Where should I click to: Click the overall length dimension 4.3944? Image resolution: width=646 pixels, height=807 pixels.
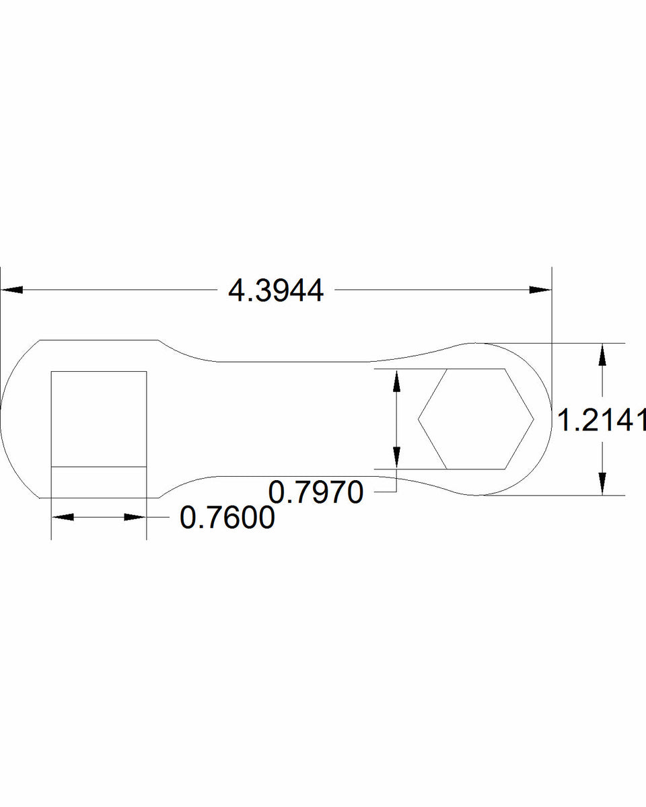tap(276, 291)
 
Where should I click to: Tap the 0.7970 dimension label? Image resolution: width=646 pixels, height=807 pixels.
tap(316, 492)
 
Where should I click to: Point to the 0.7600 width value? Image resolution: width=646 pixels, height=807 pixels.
tap(227, 518)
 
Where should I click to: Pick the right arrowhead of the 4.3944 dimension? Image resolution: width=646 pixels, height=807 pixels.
tap(540, 290)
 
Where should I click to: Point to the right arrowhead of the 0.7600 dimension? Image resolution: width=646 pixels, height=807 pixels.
tap(135, 517)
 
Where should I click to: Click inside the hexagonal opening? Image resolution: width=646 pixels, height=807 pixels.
tap(476, 418)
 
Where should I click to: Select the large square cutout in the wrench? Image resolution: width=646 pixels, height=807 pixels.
tap(99, 418)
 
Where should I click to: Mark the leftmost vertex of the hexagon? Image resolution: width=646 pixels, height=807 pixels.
tap(419, 419)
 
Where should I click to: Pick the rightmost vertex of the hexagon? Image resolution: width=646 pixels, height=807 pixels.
tap(534, 419)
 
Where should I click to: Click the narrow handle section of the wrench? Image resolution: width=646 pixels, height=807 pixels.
tap(289, 418)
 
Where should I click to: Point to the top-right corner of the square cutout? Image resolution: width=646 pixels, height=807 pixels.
tap(146, 371)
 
